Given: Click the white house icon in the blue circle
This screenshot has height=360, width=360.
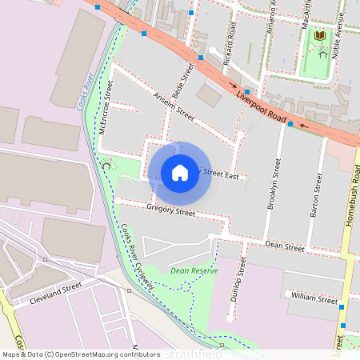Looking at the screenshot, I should [x=180, y=172].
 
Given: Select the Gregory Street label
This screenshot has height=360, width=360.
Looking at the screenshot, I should [x=170, y=212].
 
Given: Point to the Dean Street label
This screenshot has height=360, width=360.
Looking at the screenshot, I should [x=284, y=247].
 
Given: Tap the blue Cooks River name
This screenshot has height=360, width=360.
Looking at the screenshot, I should [x=86, y=94].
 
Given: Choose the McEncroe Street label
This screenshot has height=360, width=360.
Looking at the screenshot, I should [x=104, y=111].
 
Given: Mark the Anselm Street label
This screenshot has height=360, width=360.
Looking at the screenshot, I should [x=174, y=106].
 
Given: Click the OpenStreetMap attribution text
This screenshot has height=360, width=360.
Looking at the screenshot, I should [x=81, y=354].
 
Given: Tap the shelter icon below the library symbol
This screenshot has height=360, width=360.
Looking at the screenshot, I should [x=322, y=53].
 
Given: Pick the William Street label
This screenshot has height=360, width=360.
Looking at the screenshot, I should [x=314, y=299].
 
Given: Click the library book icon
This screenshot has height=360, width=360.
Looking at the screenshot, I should [x=320, y=36].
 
